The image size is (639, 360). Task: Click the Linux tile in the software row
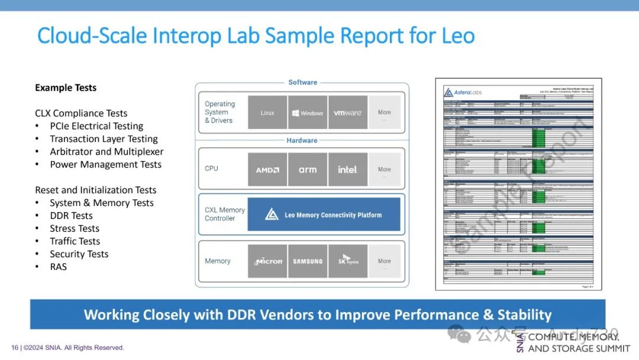[x=267, y=112]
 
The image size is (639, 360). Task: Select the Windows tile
[x=308, y=112]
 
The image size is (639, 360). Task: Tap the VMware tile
[x=348, y=112]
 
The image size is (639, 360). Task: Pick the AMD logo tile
[x=267, y=169]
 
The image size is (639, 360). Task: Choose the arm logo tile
[x=308, y=169]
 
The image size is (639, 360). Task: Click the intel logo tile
[x=348, y=169]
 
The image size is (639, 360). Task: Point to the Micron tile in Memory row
[x=267, y=261]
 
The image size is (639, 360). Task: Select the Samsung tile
[x=308, y=261]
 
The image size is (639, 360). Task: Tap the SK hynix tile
[x=348, y=261]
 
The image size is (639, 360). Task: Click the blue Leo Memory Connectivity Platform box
[x=324, y=214]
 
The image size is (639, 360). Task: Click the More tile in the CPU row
[x=385, y=169]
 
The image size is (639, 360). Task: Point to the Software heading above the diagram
[x=302, y=82]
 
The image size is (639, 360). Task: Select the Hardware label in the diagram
[x=302, y=140]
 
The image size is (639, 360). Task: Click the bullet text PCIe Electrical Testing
[x=96, y=126]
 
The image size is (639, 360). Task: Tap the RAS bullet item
[x=59, y=267]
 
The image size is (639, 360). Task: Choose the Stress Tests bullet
[x=75, y=229]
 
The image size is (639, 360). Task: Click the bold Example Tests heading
[x=66, y=88]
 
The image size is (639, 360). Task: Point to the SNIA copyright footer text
[x=67, y=348]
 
